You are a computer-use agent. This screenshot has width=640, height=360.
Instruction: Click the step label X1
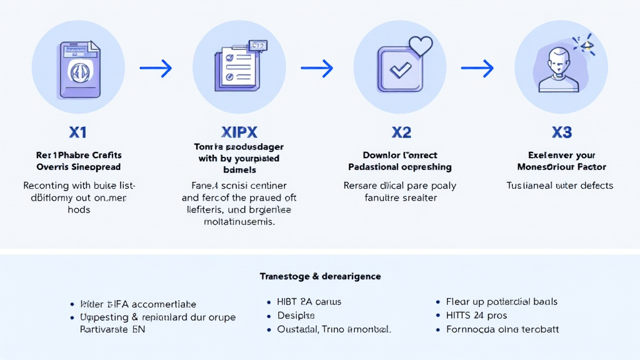[78, 132]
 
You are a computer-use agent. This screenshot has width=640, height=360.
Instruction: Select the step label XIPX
[239, 132]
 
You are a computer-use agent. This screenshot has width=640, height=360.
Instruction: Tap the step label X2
[401, 132]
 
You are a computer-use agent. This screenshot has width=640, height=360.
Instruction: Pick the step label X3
[562, 132]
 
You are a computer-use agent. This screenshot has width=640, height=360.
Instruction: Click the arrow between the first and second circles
[156, 68]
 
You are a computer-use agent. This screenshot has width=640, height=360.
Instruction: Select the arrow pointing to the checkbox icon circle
[317, 68]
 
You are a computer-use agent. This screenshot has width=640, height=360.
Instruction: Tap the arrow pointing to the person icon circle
[477, 68]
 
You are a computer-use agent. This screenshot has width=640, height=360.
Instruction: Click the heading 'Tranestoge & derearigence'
[320, 276]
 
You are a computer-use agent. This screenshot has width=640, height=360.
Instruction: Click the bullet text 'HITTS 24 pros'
[476, 316]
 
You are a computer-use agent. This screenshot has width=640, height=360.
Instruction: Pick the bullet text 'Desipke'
[296, 316]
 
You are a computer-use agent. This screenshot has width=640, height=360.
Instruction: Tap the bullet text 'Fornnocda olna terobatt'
[502, 329]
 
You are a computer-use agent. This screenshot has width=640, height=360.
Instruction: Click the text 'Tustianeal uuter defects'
[559, 186]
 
